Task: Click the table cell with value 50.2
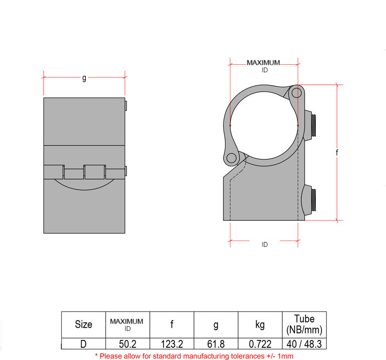point(127,344)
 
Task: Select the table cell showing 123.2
point(171,344)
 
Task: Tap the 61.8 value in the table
point(216,344)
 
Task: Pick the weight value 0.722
point(260,344)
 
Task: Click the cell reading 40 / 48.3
point(304,344)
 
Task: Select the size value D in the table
point(83,344)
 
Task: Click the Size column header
point(83,324)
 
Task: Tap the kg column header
point(260,324)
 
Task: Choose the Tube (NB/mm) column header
point(304,324)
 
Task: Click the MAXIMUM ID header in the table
point(127,324)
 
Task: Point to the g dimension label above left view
point(84,78)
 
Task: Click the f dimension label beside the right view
point(337,152)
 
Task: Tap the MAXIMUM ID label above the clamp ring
point(264,66)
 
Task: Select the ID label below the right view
point(265,245)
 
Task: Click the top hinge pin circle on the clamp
point(296,93)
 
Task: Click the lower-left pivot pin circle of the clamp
point(231,158)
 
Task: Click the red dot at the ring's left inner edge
point(230,126)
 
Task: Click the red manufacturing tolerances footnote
point(194,356)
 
